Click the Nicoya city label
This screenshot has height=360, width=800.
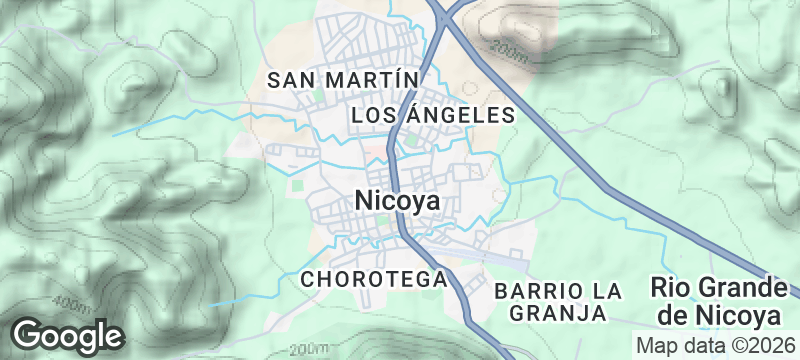[397, 201]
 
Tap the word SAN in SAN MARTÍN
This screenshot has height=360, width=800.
[296, 78]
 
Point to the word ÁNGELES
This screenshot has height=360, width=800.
[462, 116]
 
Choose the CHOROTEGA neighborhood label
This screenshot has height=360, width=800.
[373, 279]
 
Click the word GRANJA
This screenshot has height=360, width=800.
[558, 313]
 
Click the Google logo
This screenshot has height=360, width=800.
[68, 334]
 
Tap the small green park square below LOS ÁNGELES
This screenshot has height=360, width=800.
[411, 141]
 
